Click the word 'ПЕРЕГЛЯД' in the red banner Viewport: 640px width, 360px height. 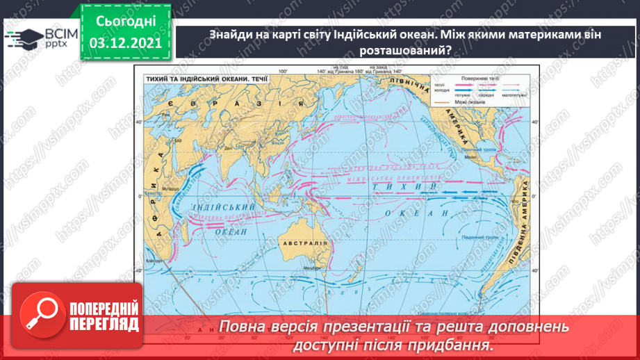104,324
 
